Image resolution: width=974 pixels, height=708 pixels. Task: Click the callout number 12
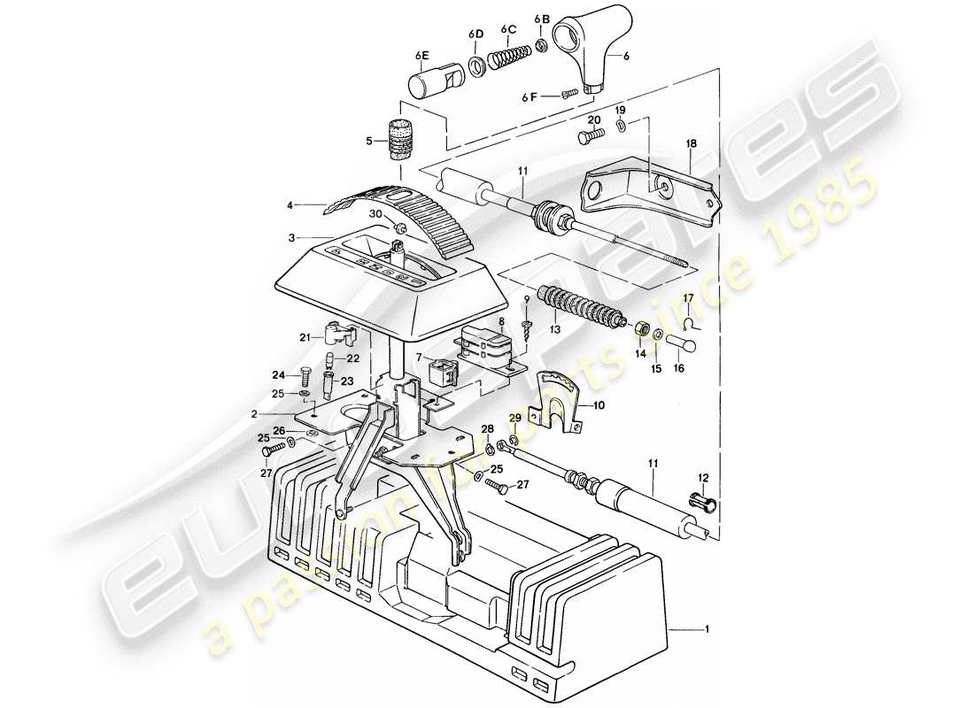tap(704, 478)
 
